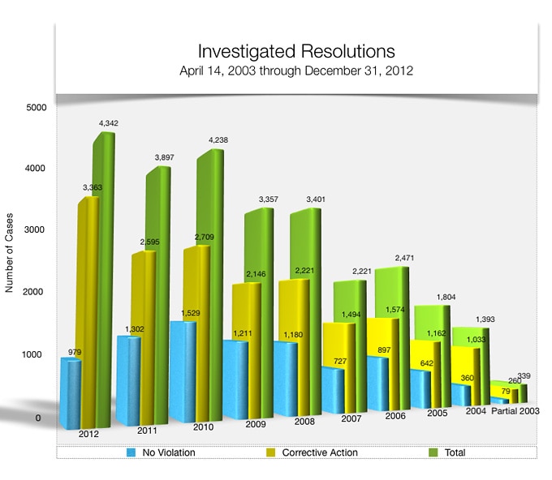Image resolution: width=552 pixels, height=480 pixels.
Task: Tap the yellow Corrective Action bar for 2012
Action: (x=87, y=308)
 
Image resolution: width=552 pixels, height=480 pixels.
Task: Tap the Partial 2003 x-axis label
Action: (x=515, y=412)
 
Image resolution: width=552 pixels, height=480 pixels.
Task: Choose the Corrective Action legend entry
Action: (x=317, y=452)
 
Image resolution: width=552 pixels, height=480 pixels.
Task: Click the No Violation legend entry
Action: (x=168, y=452)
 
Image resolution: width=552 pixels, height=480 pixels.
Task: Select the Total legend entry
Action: (x=454, y=452)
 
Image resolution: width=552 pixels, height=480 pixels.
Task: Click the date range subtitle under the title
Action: (x=296, y=71)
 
